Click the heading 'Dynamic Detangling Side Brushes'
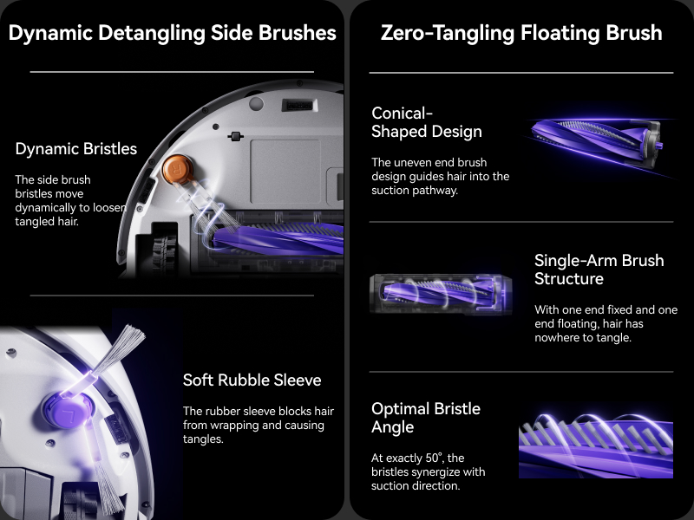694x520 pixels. (172, 33)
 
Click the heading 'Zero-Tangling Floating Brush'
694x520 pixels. (521, 33)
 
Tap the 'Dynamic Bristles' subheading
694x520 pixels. (76, 149)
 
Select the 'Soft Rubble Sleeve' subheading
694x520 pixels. (252, 380)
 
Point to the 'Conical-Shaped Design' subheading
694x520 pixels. (426, 122)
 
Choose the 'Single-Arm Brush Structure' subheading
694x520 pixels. (599, 270)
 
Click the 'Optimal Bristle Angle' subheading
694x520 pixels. (425, 418)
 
